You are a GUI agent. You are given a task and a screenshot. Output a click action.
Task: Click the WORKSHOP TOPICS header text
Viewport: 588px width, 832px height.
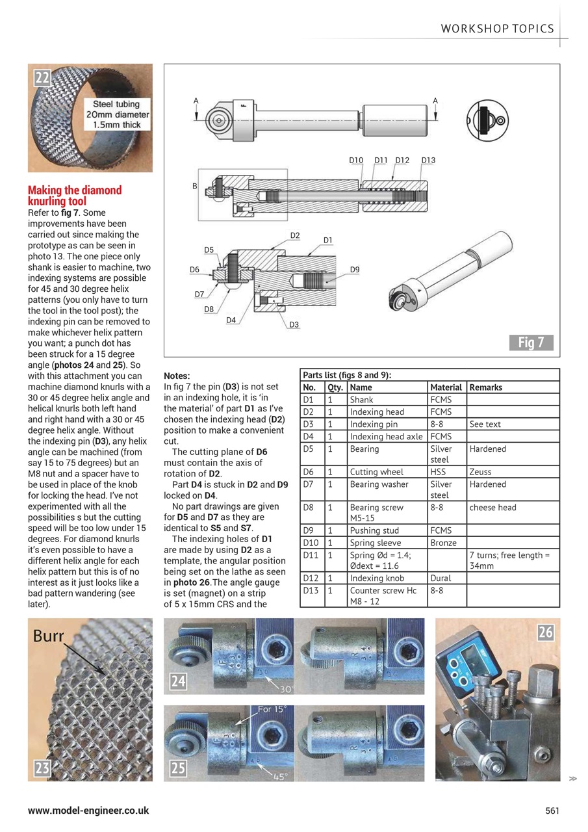click(497, 29)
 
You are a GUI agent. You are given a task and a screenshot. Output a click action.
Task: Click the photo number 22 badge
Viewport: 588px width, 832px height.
click(42, 78)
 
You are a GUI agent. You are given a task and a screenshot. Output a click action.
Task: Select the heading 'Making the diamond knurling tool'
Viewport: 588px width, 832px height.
click(75, 196)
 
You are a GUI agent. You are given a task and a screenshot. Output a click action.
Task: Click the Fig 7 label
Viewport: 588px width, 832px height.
click(530, 343)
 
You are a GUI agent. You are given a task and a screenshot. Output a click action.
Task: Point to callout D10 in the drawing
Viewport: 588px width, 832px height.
click(356, 161)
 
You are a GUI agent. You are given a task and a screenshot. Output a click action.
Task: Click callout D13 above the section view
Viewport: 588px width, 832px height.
click(428, 161)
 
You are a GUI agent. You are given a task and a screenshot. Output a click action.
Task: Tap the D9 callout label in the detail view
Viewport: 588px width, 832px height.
click(355, 269)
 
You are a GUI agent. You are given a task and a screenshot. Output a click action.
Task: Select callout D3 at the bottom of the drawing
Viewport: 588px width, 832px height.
click(294, 324)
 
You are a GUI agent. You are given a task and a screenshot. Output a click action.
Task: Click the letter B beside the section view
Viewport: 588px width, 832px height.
click(194, 187)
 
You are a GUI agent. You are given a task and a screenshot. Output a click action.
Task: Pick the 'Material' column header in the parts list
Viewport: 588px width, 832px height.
click(446, 387)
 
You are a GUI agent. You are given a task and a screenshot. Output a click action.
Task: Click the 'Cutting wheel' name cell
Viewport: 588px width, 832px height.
click(377, 472)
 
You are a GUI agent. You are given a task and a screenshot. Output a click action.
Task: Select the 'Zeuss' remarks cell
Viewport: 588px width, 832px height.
click(481, 472)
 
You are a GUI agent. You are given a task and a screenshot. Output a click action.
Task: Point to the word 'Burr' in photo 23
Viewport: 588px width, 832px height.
click(49, 635)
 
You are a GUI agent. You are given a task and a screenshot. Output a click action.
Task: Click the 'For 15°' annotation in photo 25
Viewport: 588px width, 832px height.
click(274, 709)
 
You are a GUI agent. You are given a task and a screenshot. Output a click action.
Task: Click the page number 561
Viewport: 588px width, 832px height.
click(552, 811)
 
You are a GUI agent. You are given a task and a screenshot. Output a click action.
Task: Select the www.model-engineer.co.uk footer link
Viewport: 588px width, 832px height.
click(88, 811)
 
